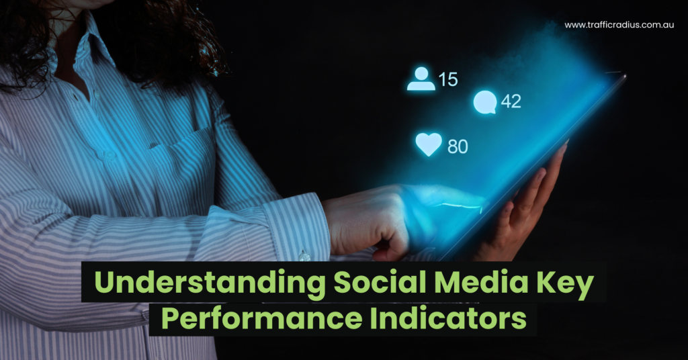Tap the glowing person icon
(421, 79)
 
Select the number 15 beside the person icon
(448, 79)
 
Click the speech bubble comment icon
(484, 102)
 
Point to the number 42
(511, 101)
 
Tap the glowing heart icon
(429, 144)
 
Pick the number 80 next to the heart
(458, 146)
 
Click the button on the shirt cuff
(304, 255)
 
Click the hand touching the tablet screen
(376, 222)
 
